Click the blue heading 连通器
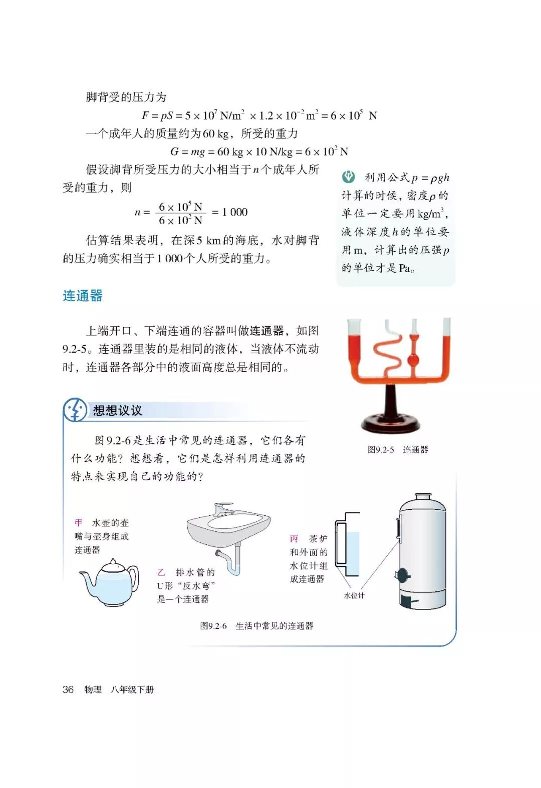[x=83, y=296]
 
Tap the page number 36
[x=68, y=689]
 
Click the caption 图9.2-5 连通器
[x=398, y=450]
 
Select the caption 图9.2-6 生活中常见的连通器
[x=256, y=626]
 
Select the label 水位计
[x=354, y=595]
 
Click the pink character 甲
[x=79, y=523]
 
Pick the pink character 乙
[x=161, y=572]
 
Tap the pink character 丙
[x=294, y=539]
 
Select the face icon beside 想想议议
[x=75, y=410]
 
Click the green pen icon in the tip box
[x=348, y=177]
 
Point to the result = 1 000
[x=230, y=212]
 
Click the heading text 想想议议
[x=118, y=411]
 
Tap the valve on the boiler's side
[x=402, y=575]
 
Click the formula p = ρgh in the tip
[x=430, y=178]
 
